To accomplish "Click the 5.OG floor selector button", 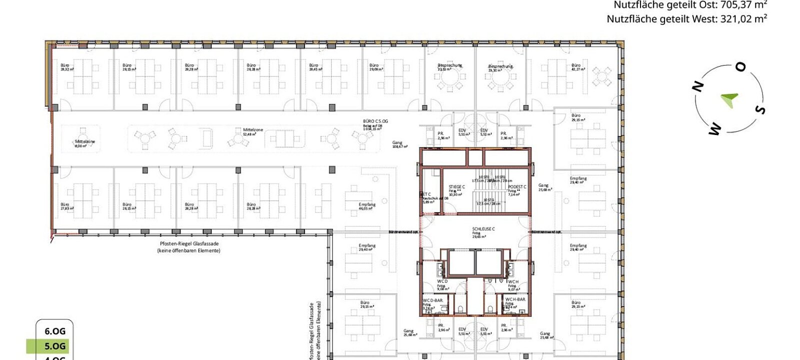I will (55, 346).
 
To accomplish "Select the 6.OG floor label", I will (55, 331).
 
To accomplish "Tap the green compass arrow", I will (729, 99).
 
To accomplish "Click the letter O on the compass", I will (740, 67).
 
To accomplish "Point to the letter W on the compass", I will (714, 129).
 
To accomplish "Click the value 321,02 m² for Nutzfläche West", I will (743, 19).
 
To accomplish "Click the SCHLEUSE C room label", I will (483, 229).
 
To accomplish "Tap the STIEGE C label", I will (456, 187).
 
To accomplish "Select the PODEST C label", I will (517, 187).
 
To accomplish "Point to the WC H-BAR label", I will (515, 299).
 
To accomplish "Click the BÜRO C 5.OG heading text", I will (375, 121).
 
